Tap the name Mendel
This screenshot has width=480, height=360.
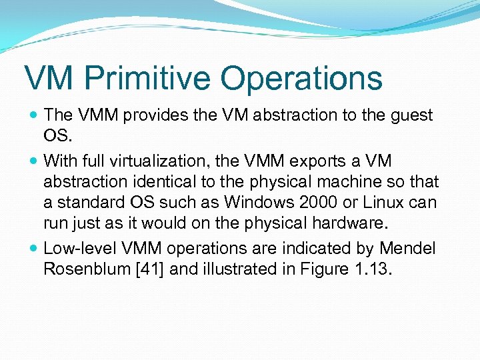(407, 249)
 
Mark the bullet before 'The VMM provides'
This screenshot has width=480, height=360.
(33, 116)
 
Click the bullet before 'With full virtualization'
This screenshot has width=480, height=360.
(33, 161)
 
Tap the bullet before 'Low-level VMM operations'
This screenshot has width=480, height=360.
(33, 249)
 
